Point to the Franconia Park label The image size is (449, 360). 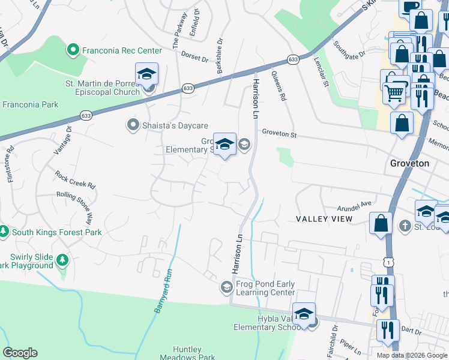pyautogui.click(x=30, y=104)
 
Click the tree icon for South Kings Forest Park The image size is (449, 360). pyautogui.click(x=3, y=232)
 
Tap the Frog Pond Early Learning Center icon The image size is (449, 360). pyautogui.click(x=226, y=287)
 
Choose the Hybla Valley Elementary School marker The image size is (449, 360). pyautogui.click(x=304, y=314)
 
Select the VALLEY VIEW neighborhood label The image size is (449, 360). pyautogui.click(x=324, y=219)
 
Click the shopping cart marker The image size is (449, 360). pyautogui.click(x=394, y=93)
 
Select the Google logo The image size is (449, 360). pyautogui.click(x=20, y=353)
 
